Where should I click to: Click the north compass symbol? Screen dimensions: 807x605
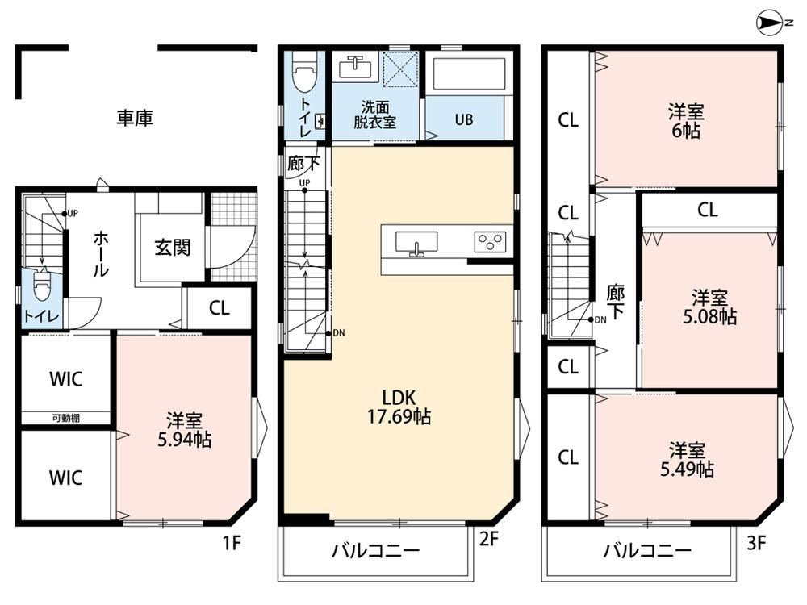[769, 23]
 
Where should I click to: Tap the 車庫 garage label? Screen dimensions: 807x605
[135, 118]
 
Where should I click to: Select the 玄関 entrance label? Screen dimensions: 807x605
[173, 248]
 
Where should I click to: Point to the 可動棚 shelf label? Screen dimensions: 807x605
[66, 418]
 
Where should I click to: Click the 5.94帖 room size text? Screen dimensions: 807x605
[184, 440]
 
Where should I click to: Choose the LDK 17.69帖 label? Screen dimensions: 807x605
[399, 407]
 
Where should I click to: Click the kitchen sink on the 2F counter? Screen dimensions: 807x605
[416, 242]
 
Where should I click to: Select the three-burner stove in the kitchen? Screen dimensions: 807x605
[490, 242]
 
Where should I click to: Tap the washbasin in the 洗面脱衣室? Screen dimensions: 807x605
[356, 66]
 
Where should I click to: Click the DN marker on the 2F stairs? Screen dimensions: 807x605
[336, 333]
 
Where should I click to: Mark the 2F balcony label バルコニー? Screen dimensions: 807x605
[376, 550]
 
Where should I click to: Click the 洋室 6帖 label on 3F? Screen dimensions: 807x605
[686, 122]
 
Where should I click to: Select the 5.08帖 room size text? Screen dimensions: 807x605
[709, 316]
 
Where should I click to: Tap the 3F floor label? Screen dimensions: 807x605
[756, 542]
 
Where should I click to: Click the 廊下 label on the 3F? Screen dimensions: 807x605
[616, 302]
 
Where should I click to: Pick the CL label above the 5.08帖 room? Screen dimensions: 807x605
[708, 210]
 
